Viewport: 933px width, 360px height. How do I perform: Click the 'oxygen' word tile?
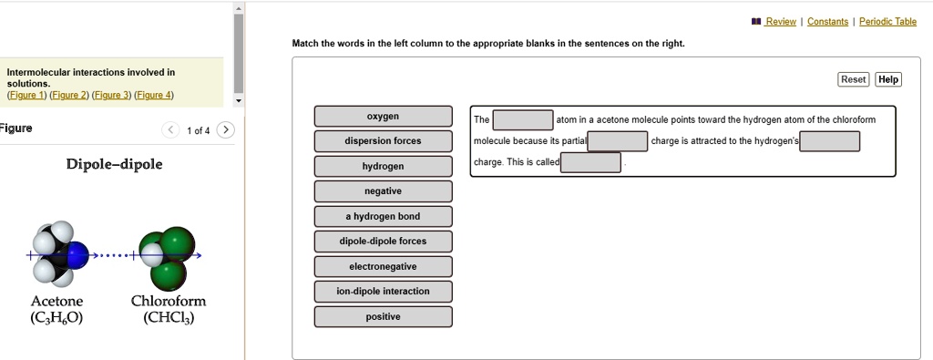point(383,117)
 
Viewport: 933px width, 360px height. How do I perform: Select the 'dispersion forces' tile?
point(383,141)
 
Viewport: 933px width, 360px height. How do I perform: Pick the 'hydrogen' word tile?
point(383,167)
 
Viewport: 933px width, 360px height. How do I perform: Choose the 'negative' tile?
point(383,191)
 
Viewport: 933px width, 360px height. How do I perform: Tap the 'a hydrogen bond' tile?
point(383,217)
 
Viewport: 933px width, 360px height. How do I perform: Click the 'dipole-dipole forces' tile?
point(383,242)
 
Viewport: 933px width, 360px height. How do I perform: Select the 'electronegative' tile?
point(383,267)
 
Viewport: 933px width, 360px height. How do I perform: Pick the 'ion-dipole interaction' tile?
point(383,292)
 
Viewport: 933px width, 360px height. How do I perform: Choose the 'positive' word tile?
point(383,317)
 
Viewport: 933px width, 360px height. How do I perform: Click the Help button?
point(887,79)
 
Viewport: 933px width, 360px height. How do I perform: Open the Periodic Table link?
point(887,22)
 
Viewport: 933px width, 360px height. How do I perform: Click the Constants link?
point(827,22)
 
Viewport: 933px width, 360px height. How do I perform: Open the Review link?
point(781,22)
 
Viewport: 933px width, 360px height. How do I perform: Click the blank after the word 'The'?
point(523,120)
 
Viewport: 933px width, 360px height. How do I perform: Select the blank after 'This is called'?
point(591,162)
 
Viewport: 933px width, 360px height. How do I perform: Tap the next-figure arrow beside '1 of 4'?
point(226,129)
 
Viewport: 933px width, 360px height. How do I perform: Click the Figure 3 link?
point(111,95)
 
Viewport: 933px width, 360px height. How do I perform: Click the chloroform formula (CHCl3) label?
point(169,318)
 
